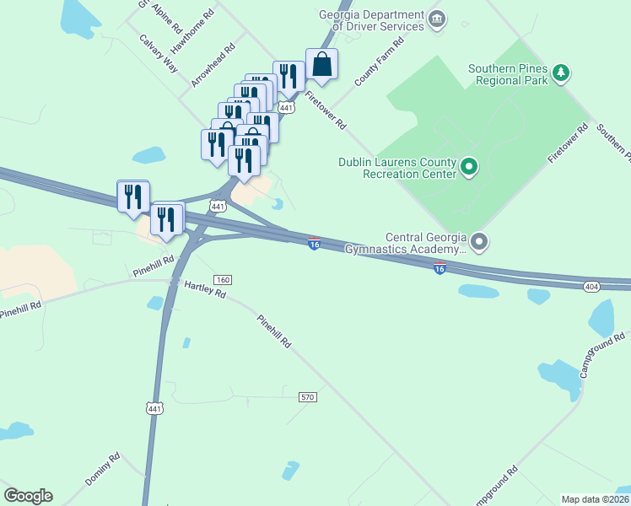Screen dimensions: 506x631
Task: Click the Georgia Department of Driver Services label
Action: coord(371,20)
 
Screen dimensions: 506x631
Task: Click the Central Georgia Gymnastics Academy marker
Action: coord(479,243)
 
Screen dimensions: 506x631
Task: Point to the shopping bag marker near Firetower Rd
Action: coord(321,64)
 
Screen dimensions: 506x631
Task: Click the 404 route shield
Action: coord(591,287)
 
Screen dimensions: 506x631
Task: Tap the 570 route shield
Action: coord(308,396)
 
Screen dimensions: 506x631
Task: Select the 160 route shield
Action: coord(223,280)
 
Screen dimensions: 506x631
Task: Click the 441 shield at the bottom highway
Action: coord(154,408)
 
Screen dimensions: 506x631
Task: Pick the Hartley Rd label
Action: coord(206,288)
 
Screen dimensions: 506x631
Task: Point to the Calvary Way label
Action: coord(159,55)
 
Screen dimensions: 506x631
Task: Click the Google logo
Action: coord(28,496)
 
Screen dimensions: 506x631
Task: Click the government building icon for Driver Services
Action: coord(436,19)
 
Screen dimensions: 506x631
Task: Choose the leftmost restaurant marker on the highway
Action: coord(133,197)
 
